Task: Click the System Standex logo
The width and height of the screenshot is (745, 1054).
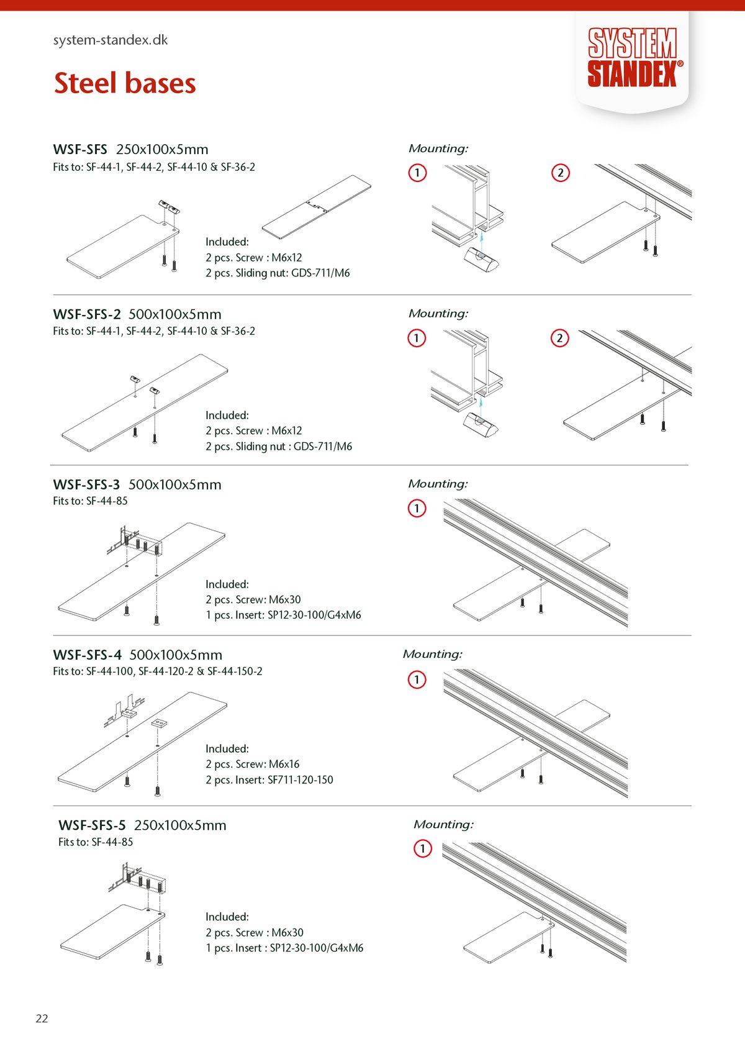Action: click(632, 58)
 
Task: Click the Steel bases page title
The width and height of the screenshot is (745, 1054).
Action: click(125, 83)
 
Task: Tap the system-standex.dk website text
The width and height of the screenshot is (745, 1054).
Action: click(111, 40)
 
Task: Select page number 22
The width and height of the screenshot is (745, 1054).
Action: click(42, 1018)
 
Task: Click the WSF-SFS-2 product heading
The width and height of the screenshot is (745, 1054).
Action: click(87, 314)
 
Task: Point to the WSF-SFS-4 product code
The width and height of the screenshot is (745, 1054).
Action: click(88, 655)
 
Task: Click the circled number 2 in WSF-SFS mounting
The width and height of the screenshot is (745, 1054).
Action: click(560, 173)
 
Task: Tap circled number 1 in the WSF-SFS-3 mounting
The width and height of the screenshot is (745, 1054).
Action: click(417, 508)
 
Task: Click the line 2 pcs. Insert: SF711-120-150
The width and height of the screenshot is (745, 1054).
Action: click(269, 779)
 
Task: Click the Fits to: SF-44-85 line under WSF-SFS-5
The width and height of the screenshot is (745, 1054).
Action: click(96, 842)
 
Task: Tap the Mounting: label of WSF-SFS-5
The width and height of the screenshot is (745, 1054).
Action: click(443, 824)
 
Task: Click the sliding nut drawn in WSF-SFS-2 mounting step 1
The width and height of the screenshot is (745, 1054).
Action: click(481, 424)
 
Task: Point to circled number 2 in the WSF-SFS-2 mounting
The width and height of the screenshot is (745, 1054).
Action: click(559, 338)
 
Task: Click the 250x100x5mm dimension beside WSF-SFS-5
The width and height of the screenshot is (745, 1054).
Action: click(180, 825)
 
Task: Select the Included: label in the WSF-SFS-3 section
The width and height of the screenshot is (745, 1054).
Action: click(227, 584)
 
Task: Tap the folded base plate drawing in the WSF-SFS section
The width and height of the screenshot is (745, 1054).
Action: click(317, 207)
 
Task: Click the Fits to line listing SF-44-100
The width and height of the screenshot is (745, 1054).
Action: click(158, 671)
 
